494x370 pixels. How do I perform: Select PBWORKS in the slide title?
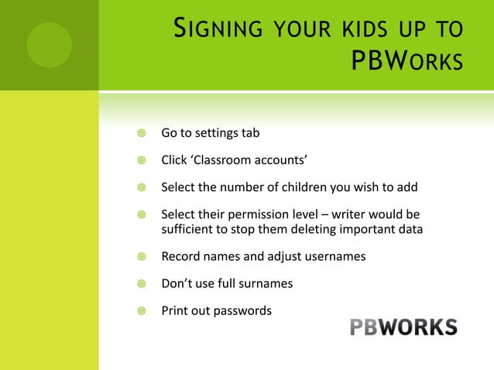407,60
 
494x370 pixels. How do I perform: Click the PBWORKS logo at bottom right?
403,327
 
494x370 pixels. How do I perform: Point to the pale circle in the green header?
49,43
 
